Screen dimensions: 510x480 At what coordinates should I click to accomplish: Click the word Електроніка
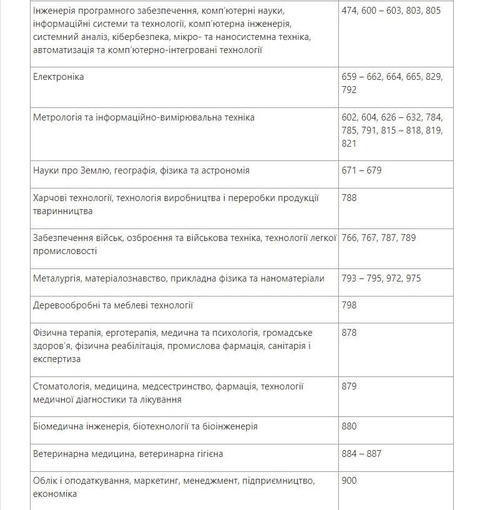click(58, 77)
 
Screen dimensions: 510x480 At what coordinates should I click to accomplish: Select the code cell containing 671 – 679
click(361, 170)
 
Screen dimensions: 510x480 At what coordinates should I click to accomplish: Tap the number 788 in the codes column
click(350, 198)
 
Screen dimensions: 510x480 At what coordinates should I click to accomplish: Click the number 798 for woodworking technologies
click(350, 305)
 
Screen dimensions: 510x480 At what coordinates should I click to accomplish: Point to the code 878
click(350, 333)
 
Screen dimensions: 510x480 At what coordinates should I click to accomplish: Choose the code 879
click(350, 386)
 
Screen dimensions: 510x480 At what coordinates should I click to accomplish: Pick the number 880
click(350, 426)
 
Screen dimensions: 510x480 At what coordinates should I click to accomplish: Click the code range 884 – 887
click(361, 454)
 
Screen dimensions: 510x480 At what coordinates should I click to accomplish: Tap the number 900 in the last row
click(350, 481)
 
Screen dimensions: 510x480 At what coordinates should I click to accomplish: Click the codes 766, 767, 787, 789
click(379, 238)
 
